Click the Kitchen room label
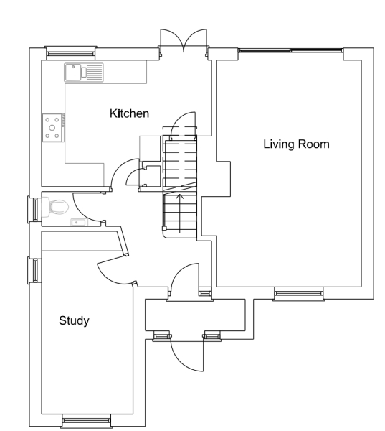(128, 113)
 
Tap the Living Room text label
(295, 144)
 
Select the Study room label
(74, 320)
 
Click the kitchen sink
(83, 72)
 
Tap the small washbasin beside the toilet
(77, 222)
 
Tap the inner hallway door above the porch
(184, 279)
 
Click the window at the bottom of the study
(85, 419)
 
